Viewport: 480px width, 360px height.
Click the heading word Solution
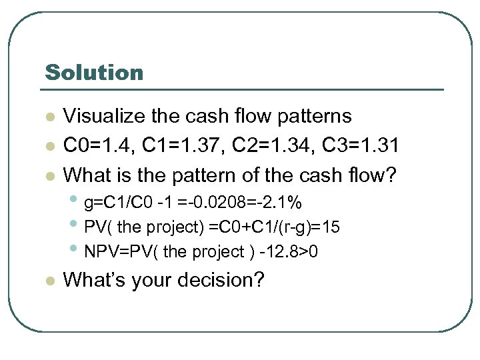tap(94, 72)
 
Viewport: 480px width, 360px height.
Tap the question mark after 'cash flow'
tap(390, 175)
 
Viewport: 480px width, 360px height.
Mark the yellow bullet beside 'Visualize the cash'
tap(48, 117)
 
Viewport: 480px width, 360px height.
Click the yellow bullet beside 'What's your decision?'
tap(48, 281)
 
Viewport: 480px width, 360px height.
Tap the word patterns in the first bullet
tap(309, 116)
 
